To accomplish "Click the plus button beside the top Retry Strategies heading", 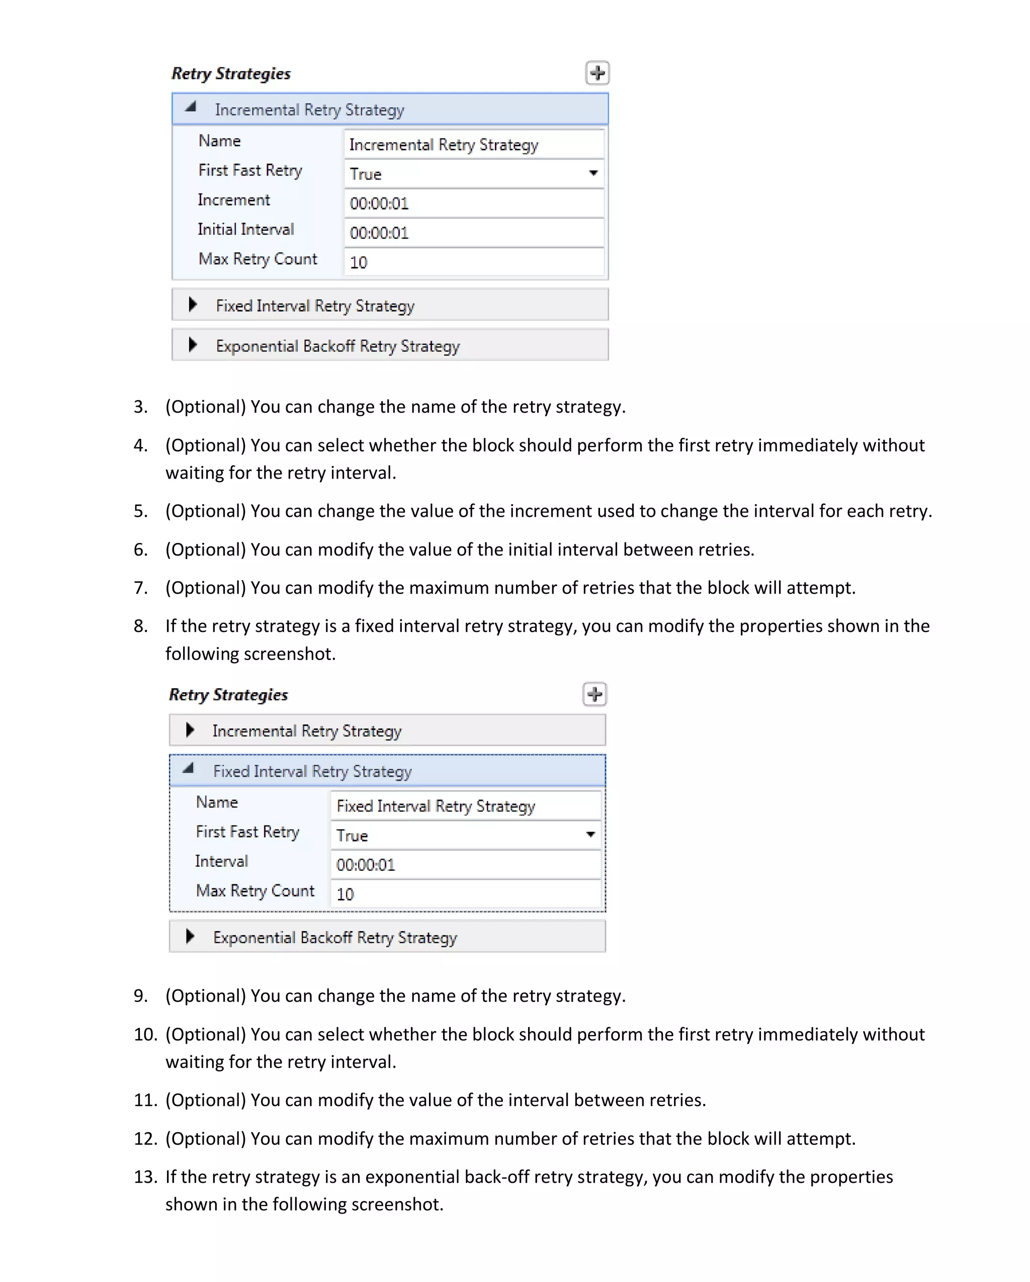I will (x=597, y=73).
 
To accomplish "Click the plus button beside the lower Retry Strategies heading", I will (x=594, y=694).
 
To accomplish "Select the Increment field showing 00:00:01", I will (x=473, y=203).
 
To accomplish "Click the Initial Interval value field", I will (x=473, y=232).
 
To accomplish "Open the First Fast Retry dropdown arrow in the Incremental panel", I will (x=593, y=173).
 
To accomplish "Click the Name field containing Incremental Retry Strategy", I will (x=473, y=144).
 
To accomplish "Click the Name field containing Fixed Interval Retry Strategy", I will (x=465, y=806).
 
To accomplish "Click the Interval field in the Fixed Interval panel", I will (x=465, y=865).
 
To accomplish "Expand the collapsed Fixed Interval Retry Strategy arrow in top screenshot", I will (x=192, y=305).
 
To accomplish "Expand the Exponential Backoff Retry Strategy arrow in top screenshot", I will (x=192, y=345).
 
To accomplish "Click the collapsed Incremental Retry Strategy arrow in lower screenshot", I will (x=190, y=729).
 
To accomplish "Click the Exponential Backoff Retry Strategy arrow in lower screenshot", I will (x=190, y=937).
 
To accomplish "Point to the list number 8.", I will (x=140, y=626).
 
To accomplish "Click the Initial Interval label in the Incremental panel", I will (x=245, y=230).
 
